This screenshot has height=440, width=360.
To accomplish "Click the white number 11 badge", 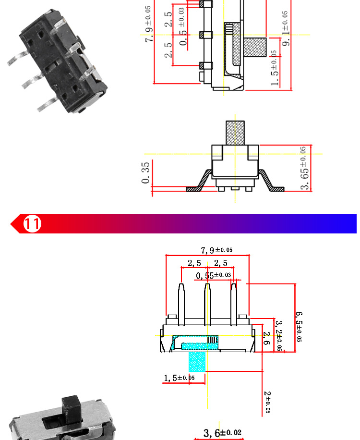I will [33, 224].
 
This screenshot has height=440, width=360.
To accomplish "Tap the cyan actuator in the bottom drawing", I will [197, 361].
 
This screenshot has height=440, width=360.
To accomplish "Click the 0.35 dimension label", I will [146, 173].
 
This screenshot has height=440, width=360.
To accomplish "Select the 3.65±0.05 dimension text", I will [304, 168].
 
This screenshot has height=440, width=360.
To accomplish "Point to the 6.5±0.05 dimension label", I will [299, 326].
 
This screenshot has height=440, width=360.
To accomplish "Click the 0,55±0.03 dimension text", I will [214, 275].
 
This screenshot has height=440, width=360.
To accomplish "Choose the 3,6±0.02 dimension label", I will [222, 433].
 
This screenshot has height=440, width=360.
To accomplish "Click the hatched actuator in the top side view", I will [254, 48].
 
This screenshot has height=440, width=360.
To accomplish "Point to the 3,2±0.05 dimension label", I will [279, 335].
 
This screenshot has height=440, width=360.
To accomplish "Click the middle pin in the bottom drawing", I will [207, 303].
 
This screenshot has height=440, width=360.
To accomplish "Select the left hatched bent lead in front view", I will [199, 182].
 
